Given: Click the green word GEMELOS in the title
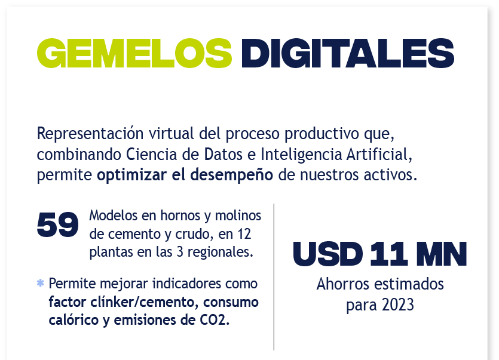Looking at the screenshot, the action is point(134,53).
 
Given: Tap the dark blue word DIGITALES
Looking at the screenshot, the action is point(348,53).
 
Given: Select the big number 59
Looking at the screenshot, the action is point(57,225).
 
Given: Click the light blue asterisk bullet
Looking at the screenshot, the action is point(41,283).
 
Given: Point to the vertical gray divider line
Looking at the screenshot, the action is point(274,276).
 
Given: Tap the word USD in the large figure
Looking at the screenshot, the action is point(328,254).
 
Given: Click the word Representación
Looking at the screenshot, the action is point(90,134).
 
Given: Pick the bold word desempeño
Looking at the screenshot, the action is point(232,175).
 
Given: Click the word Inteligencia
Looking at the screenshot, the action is point(301,155).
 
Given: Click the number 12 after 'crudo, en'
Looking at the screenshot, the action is point(244,234).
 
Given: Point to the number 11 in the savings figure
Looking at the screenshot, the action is point(389,254).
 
